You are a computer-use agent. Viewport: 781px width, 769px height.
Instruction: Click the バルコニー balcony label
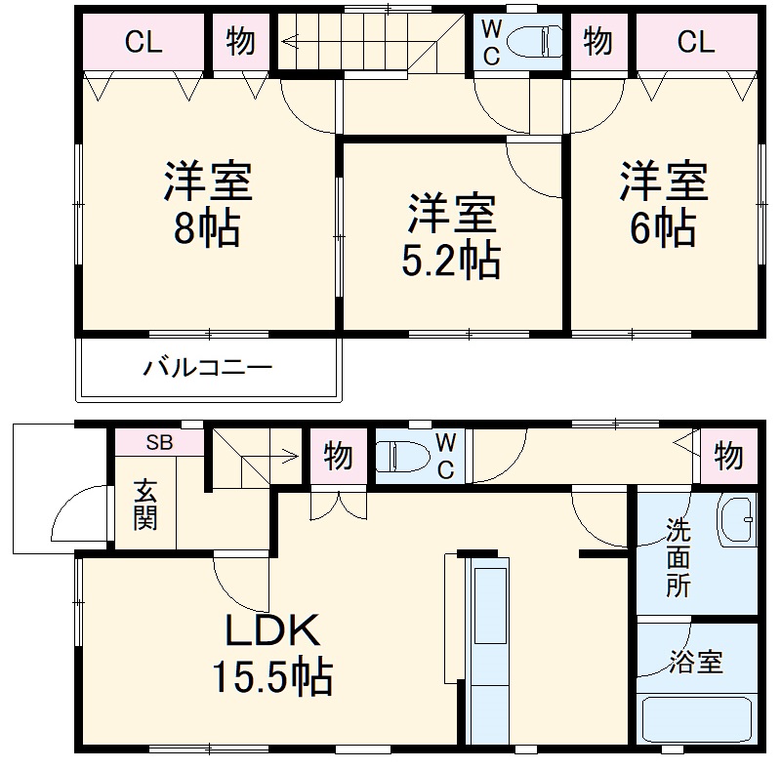(x=208, y=368)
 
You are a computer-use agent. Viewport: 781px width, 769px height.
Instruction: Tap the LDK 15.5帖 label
(x=272, y=654)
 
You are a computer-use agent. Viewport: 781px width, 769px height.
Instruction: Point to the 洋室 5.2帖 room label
(x=452, y=236)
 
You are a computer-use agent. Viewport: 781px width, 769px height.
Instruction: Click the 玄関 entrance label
(x=144, y=505)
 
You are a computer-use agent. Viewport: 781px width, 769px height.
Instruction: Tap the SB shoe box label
(x=159, y=441)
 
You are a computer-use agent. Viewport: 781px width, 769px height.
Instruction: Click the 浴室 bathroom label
(x=696, y=663)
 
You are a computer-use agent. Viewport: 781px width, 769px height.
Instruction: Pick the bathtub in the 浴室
(x=697, y=719)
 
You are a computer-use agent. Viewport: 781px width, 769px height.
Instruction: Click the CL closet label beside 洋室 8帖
(x=144, y=42)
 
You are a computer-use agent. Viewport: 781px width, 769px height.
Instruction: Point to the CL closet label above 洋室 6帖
(x=695, y=42)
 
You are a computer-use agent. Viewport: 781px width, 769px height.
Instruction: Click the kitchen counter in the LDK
(x=485, y=649)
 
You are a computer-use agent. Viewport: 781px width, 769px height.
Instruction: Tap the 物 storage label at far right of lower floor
(x=728, y=454)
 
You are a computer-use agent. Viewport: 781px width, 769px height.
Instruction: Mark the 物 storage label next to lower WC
(x=339, y=456)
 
